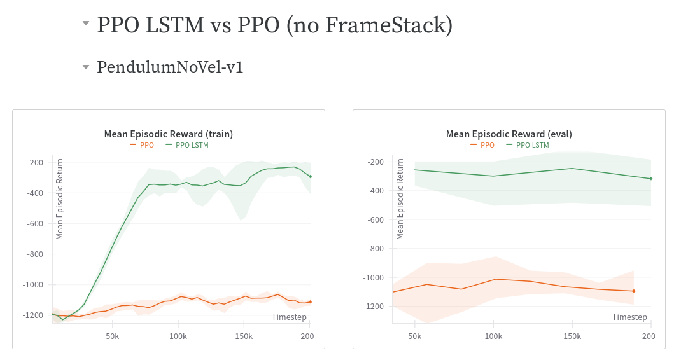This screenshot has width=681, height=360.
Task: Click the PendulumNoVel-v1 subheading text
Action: (x=170, y=67)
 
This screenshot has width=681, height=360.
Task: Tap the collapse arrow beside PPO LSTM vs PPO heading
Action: (x=85, y=24)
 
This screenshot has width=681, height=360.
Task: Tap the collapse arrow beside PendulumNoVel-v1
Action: (x=85, y=67)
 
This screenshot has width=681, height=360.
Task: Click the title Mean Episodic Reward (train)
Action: (x=169, y=134)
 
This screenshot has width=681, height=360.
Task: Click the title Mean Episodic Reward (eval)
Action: (x=509, y=134)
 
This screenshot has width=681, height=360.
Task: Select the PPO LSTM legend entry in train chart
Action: (x=187, y=145)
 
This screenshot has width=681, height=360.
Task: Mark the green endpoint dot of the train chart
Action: (x=311, y=176)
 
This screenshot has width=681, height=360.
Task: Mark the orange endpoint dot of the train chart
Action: (x=311, y=301)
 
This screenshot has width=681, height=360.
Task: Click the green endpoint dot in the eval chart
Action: (x=650, y=179)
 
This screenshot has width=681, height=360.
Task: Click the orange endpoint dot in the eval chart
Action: (x=634, y=291)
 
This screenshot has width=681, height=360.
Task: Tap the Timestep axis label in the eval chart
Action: (x=629, y=317)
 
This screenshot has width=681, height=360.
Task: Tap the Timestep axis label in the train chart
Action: (x=289, y=317)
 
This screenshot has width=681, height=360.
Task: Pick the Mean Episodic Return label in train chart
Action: (x=60, y=199)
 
